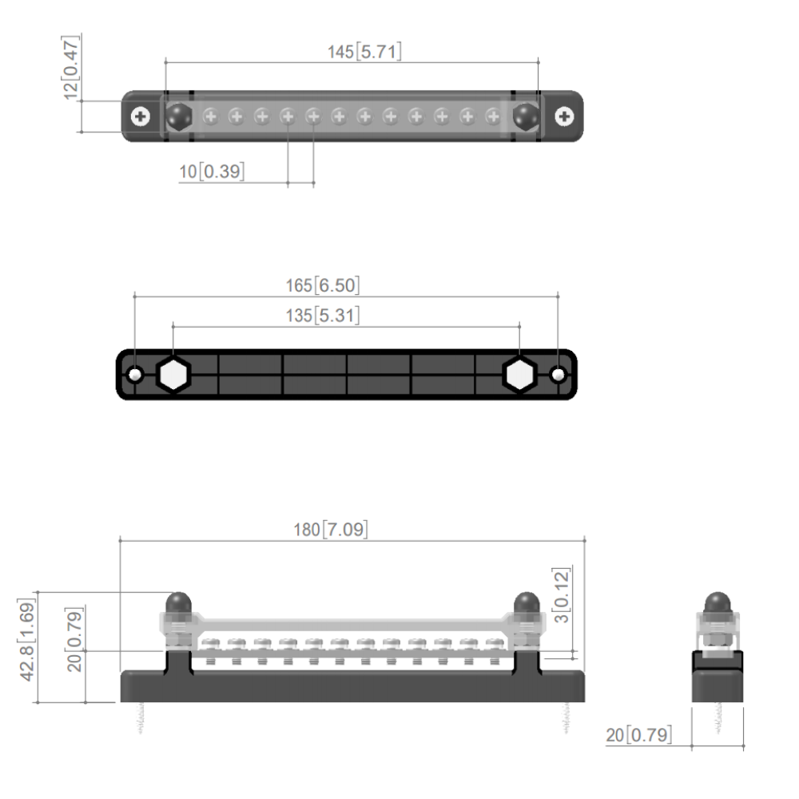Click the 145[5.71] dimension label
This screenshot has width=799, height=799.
(364, 52)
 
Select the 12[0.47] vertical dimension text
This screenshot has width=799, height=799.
(73, 67)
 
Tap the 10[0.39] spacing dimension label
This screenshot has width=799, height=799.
(212, 172)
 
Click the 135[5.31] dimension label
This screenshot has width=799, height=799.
(323, 316)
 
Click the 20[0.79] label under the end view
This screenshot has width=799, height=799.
(638, 734)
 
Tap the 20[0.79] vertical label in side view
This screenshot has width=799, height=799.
(76, 638)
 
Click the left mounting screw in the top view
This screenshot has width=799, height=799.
(141, 117)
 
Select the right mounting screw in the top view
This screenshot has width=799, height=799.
(565, 117)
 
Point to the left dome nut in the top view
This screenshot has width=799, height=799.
(178, 117)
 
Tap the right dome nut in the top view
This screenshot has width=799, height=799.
(525, 117)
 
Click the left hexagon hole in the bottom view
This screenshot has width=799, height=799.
(172, 374)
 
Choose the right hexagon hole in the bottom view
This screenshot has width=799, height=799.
(519, 374)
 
